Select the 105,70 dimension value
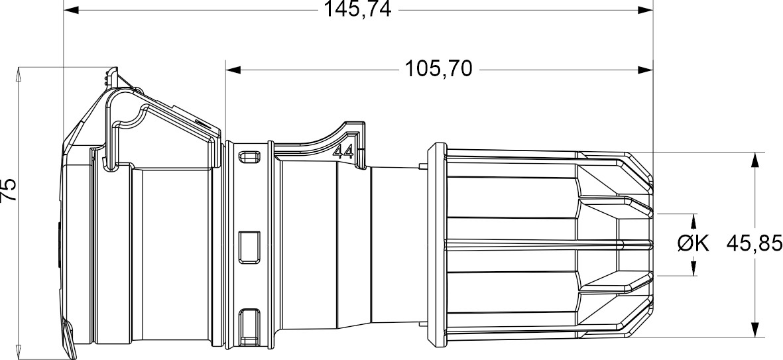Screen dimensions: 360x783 pyautogui.click(x=439, y=68)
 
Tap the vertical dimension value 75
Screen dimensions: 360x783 pyautogui.click(x=8, y=190)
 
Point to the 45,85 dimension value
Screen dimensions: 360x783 pyautogui.click(x=754, y=243)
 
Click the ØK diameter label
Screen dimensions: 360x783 pyautogui.click(x=693, y=244)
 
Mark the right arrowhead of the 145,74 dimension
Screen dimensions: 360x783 pyautogui.click(x=645, y=10)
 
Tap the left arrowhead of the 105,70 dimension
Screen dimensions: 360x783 pyautogui.click(x=233, y=68)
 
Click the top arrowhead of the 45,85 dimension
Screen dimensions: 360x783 pyautogui.click(x=754, y=160)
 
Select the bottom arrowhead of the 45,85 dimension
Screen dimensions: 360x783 pyautogui.click(x=754, y=331)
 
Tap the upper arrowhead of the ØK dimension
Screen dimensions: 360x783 pyautogui.click(x=693, y=221)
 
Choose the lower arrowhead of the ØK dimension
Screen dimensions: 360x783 pyautogui.click(x=693, y=269)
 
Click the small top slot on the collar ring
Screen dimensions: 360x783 pyautogui.click(x=249, y=157)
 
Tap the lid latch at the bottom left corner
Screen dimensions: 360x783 pyautogui.click(x=70, y=338)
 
